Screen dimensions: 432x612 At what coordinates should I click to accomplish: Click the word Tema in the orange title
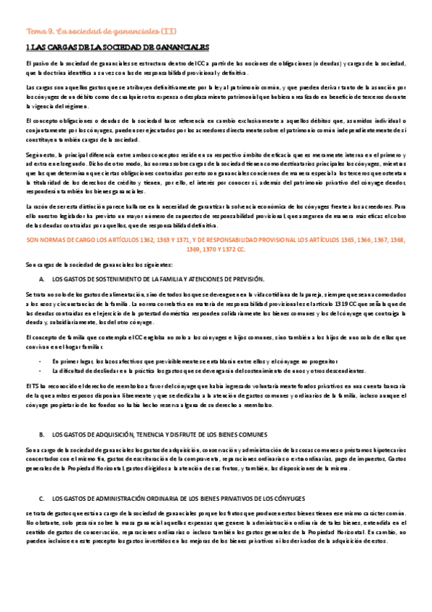pos(35,32)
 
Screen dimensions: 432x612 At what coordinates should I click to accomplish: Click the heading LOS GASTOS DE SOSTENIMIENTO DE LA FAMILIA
pos(159,279)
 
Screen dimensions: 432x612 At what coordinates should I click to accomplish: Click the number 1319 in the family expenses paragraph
pos(322,305)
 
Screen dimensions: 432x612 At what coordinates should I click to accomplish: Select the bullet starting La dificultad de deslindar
pos(79,370)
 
